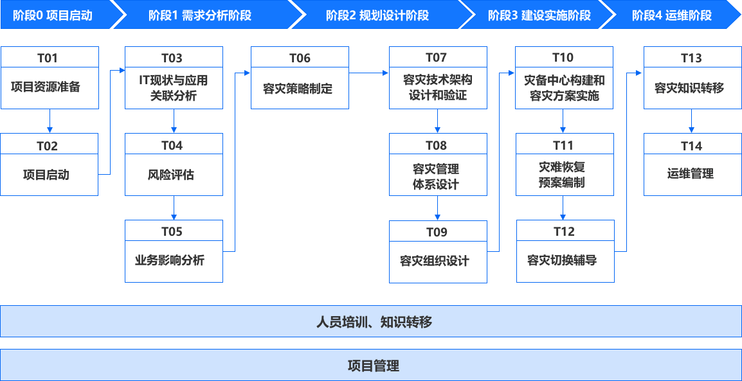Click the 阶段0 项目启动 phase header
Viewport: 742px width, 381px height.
click(x=53, y=15)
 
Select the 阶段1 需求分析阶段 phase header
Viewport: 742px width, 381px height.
click(x=199, y=15)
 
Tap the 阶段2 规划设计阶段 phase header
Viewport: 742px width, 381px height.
click(x=377, y=15)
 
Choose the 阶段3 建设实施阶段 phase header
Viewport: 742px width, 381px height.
click(x=539, y=15)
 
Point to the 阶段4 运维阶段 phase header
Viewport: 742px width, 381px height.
click(x=672, y=15)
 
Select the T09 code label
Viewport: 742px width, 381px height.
click(x=437, y=232)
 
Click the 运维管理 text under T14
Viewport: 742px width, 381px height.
click(x=691, y=173)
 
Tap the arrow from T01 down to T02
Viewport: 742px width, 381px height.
click(x=50, y=120)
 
